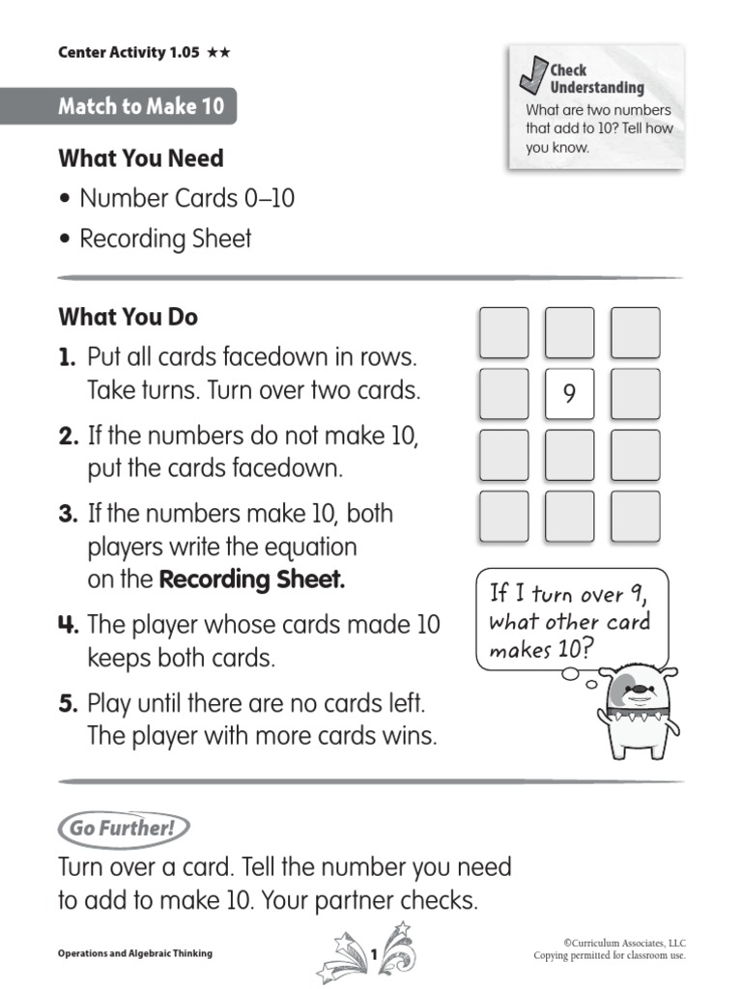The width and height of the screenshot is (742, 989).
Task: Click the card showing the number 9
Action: point(569,393)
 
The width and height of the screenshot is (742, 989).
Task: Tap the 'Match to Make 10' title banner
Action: point(140,106)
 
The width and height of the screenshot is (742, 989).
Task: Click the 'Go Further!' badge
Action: point(123,828)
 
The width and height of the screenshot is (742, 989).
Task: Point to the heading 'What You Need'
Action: point(141,158)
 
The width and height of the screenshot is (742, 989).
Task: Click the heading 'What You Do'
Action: point(128,317)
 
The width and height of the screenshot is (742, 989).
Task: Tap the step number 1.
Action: point(67,358)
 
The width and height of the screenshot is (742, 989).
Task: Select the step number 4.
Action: point(68,625)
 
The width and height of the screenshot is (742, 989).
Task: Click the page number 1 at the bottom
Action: point(373,954)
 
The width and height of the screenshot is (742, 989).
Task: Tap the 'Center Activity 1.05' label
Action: point(129,53)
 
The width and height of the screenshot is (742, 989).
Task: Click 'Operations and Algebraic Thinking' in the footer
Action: point(135,954)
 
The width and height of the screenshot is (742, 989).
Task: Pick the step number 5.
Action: point(67,702)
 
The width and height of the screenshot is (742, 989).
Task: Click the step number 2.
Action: point(68,437)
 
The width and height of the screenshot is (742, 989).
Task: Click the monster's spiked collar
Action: point(635,720)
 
